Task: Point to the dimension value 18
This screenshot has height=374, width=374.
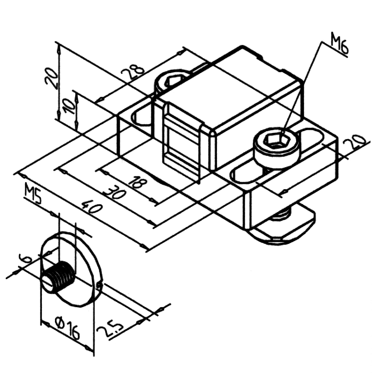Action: [x=136, y=183]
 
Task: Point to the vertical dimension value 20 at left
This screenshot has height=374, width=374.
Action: [x=51, y=79]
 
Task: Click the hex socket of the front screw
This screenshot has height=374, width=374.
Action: [x=276, y=140]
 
